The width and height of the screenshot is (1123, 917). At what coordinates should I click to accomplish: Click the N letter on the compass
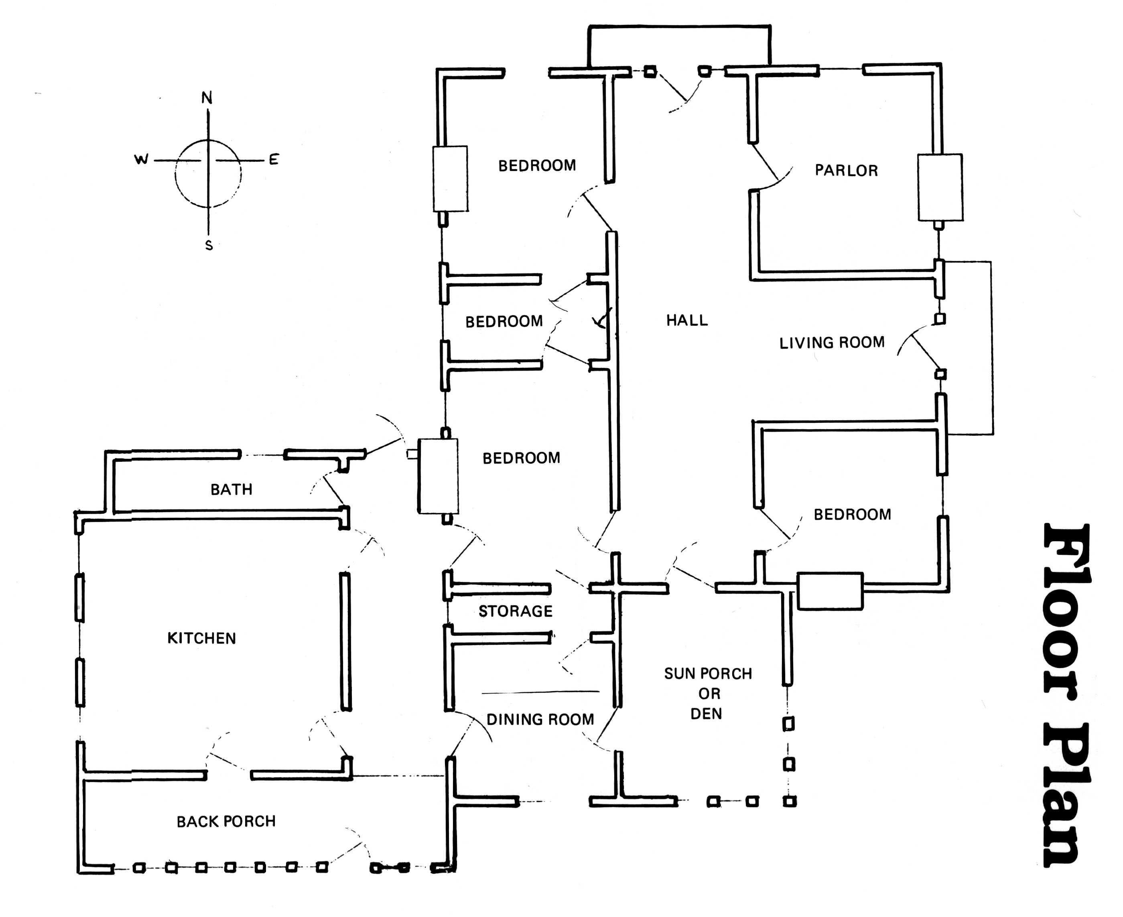point(207,98)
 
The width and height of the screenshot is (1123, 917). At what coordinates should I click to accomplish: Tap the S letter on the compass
point(209,245)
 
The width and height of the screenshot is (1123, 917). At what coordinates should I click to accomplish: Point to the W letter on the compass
point(141,159)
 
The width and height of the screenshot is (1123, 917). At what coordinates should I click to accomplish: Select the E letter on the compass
point(274,159)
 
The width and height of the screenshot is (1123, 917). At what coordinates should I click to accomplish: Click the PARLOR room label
point(846,170)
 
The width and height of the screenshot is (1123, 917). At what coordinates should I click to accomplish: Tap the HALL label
point(687,320)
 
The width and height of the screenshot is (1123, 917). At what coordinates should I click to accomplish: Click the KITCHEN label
point(202,638)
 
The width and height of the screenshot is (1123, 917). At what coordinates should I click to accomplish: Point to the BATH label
point(232,490)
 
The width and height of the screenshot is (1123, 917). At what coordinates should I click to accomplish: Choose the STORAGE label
point(516,611)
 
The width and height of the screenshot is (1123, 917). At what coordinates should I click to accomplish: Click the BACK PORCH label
point(226,822)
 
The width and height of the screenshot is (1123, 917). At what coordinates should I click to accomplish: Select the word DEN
point(706,714)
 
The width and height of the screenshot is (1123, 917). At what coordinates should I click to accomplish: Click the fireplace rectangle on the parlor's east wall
point(940,187)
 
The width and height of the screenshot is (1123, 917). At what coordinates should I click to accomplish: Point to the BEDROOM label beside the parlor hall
point(537,165)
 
